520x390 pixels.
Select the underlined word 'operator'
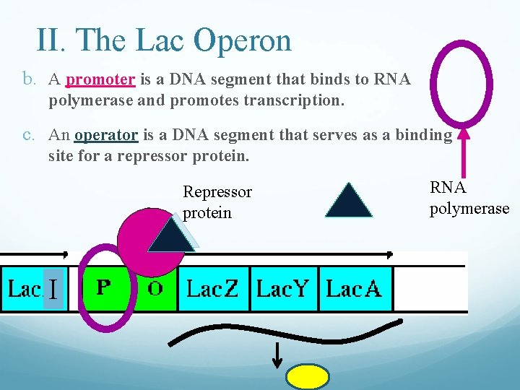click(105, 134)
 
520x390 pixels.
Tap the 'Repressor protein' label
click(217, 202)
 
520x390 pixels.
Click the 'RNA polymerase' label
click(469, 198)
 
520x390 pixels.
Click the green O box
click(155, 288)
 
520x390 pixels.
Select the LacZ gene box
click(212, 288)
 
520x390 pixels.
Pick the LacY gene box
click(282, 288)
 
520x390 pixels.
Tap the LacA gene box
click(353, 288)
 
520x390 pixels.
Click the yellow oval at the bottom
click(308, 377)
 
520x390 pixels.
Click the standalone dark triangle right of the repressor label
click(349, 201)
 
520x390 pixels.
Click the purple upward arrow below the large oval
click(465, 155)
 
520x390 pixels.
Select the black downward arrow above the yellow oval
click(277, 354)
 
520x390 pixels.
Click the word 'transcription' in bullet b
click(292, 100)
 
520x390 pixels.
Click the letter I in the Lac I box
click(54, 289)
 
